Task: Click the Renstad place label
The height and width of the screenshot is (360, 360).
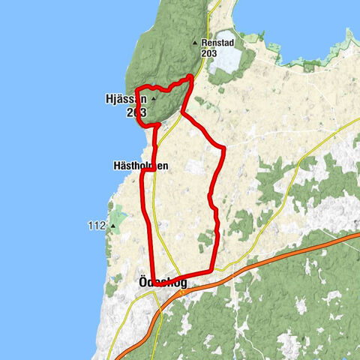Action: coord(217,43)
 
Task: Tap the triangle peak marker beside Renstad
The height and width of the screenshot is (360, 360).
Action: coord(195,43)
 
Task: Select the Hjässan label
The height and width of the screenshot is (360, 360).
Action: coord(120,98)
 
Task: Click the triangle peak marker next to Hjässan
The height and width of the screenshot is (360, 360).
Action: coord(154,98)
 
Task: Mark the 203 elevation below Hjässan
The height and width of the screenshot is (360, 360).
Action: coord(136,112)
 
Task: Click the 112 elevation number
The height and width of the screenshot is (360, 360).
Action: coord(96,224)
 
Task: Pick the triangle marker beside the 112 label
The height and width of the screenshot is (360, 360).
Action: coord(113,224)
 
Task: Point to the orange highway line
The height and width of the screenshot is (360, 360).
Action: coord(285,253)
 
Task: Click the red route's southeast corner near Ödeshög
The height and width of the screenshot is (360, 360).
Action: coord(214,269)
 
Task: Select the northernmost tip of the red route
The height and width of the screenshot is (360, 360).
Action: coord(192,76)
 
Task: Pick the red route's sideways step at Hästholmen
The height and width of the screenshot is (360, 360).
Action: coord(148,169)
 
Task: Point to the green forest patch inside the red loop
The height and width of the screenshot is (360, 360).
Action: coord(204,240)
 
